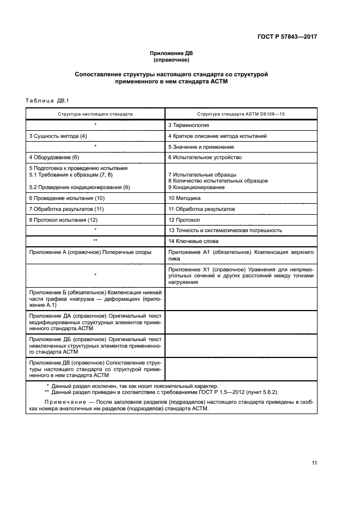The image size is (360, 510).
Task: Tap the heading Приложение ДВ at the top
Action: pyautogui.click(x=172, y=53)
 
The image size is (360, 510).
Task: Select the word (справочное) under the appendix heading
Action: pyautogui.click(x=172, y=60)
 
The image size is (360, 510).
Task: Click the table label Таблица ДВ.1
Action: pyautogui.click(x=44, y=100)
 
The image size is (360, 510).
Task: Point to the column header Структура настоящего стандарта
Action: pyautogui.click(x=95, y=114)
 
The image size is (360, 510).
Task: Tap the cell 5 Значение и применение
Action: pyautogui.click(x=201, y=147)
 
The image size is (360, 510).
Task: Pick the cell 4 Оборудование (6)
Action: pyautogui.click(x=54, y=157)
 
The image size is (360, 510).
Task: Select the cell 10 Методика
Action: pyautogui.click(x=184, y=198)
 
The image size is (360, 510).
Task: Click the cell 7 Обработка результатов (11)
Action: pyautogui.click(x=66, y=209)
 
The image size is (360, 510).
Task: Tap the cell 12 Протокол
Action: pyautogui.click(x=184, y=220)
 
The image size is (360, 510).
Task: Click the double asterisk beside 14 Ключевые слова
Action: pyautogui.click(x=95, y=240)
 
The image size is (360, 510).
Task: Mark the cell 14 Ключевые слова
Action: pyautogui.click(x=194, y=240)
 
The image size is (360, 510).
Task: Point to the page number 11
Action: pyautogui.click(x=314, y=463)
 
